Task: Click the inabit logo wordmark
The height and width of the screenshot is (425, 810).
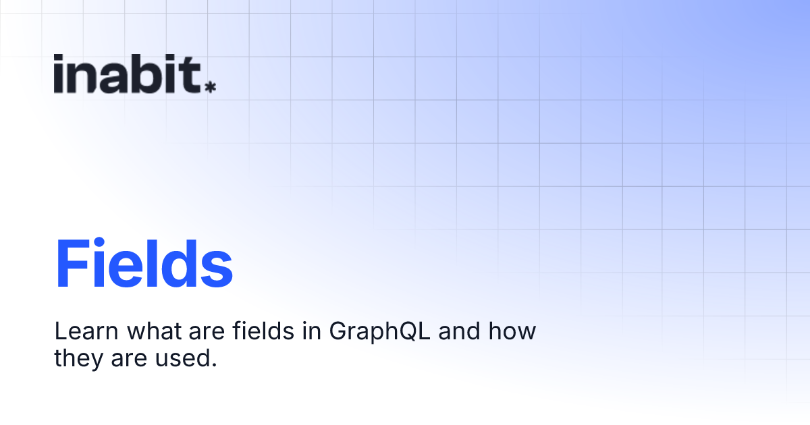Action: (128, 74)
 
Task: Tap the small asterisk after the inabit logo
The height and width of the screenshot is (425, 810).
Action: (210, 86)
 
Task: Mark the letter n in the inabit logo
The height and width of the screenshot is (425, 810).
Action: (86, 78)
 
